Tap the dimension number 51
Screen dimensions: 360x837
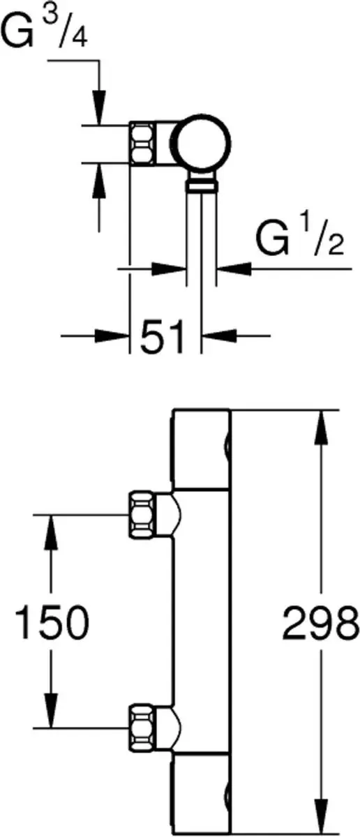(163, 336)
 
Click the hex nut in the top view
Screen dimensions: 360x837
(142, 143)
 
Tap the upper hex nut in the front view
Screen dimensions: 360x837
(142, 515)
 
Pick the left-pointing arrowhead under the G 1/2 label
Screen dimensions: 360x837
(234, 269)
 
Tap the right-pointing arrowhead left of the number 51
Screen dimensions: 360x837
(112, 335)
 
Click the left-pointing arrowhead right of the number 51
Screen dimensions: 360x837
(219, 335)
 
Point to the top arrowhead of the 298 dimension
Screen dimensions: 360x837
(320, 428)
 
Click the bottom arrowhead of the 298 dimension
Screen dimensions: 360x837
(320, 816)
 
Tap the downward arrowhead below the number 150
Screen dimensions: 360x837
(51, 711)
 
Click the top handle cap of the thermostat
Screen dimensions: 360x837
(200, 449)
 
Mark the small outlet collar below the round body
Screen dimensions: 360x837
(202, 184)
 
